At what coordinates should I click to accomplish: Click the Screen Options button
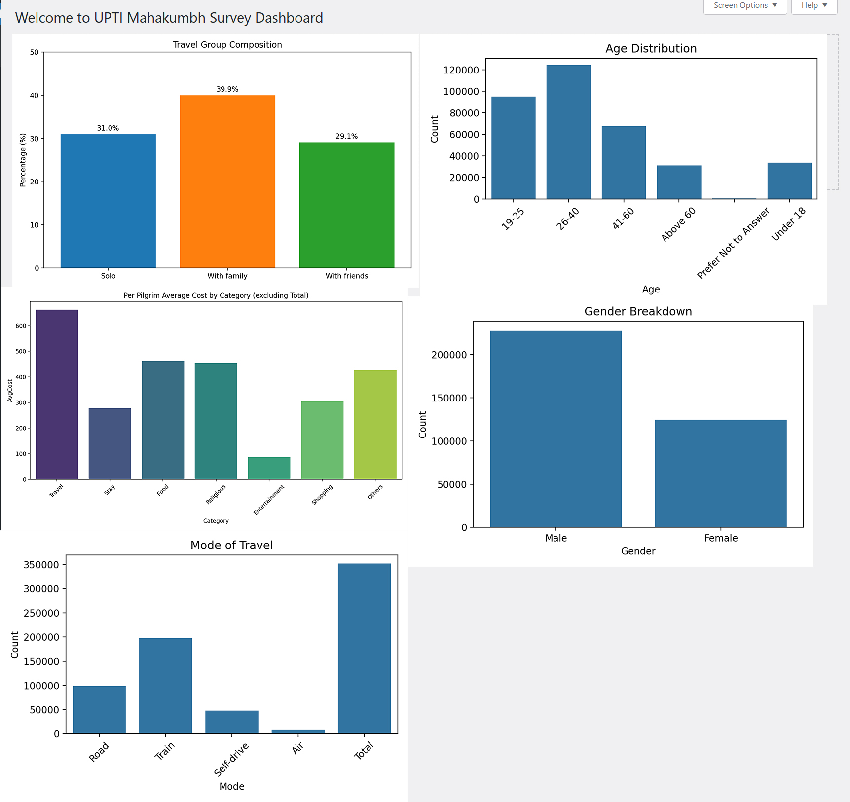744,6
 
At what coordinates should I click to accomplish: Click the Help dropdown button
813,6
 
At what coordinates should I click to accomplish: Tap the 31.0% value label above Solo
108,128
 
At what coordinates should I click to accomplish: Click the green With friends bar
346,205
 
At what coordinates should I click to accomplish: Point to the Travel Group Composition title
227,45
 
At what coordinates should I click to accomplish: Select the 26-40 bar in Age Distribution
568,132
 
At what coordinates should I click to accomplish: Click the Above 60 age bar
679,182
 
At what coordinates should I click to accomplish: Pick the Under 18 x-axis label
788,224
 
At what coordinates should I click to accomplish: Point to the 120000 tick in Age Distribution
461,70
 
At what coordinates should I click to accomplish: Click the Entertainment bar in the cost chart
269,468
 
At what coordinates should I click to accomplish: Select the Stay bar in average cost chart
110,443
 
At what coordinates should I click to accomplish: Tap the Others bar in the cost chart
375,425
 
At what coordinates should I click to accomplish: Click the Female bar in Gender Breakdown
721,474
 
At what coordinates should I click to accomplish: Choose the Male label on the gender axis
556,538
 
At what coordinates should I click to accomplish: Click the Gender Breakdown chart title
638,312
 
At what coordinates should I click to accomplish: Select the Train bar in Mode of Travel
165,686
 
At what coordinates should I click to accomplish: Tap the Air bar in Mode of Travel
298,731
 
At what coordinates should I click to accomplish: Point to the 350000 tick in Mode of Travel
41,565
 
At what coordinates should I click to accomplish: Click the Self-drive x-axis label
231,760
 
